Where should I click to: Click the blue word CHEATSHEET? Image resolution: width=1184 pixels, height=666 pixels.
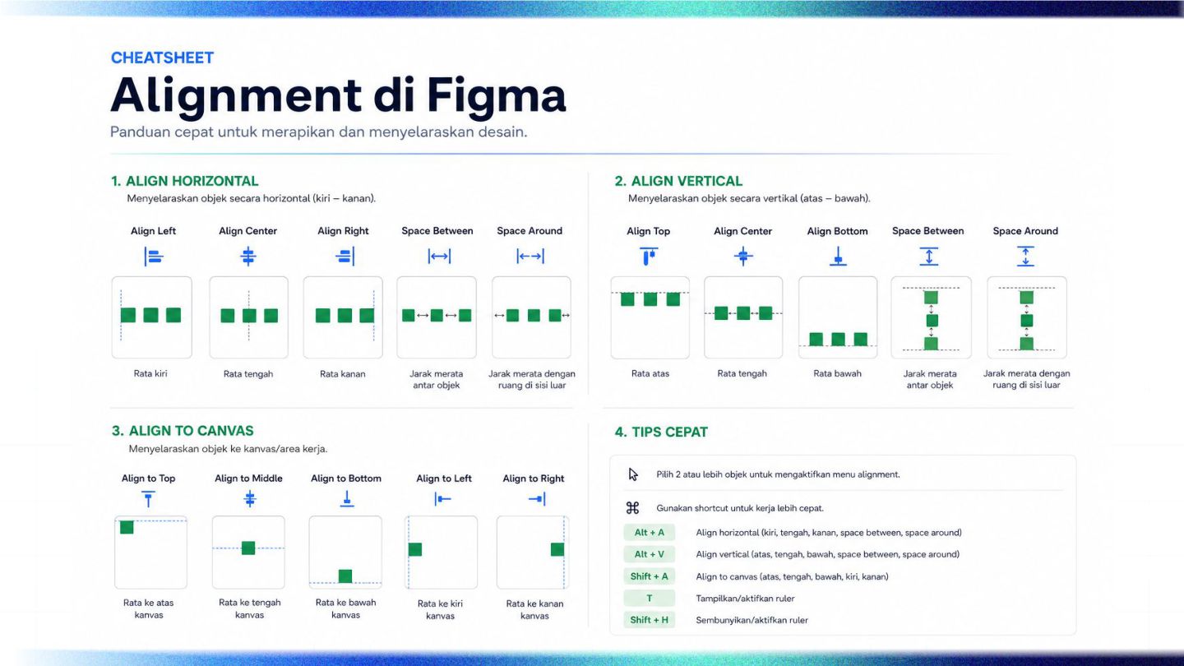162,58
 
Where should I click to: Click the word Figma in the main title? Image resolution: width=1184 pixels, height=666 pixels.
497,96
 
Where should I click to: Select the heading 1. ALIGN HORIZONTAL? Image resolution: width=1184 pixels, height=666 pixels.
184,181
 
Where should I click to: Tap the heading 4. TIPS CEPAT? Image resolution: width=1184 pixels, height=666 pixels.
661,432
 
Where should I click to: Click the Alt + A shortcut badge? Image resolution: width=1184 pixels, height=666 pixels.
649,532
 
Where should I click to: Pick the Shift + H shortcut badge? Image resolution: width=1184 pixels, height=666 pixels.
649,620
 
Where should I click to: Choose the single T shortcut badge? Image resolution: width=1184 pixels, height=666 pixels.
649,599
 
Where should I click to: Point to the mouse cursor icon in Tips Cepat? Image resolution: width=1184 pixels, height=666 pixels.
633,474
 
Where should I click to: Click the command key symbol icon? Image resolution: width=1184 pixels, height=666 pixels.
633,508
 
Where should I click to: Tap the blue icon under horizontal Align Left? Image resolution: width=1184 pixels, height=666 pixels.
153,257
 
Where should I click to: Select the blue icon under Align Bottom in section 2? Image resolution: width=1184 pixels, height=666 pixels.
838,257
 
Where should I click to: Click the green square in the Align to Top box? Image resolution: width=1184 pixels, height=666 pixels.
127,528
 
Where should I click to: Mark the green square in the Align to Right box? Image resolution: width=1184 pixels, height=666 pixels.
557,550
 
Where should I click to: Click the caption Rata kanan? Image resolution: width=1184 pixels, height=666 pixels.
343,374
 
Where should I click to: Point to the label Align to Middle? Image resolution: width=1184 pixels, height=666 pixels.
248,479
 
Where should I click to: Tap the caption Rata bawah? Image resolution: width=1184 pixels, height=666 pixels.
837,373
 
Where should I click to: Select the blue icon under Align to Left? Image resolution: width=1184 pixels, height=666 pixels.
442,499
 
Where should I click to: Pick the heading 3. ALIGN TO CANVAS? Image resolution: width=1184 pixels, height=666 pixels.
183,432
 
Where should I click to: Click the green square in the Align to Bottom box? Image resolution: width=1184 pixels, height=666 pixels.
345,576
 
